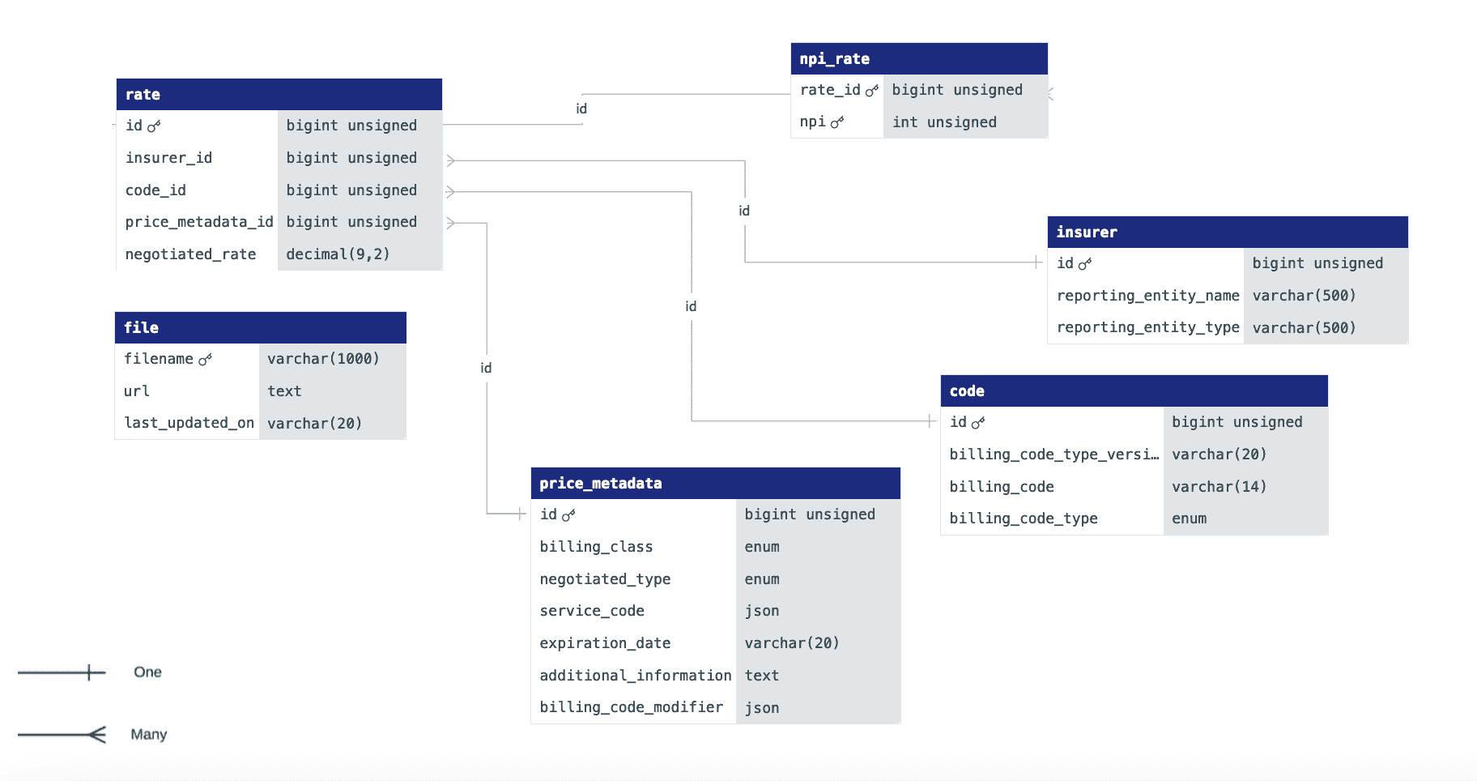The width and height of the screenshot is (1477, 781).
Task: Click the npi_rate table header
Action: click(x=919, y=58)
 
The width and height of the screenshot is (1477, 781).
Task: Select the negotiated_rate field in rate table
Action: click(x=190, y=254)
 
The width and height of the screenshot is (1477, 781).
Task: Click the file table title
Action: click(x=141, y=327)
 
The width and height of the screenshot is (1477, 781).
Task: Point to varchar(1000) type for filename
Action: click(x=323, y=358)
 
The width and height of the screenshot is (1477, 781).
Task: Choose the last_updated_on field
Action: click(x=189, y=423)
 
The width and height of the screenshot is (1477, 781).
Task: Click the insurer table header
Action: click(x=1228, y=232)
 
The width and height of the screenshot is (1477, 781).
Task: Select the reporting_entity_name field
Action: click(x=1147, y=296)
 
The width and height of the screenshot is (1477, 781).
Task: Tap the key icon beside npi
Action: click(x=837, y=122)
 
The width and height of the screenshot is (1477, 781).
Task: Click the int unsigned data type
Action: click(x=944, y=122)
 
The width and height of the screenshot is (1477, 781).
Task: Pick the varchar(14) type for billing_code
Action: click(x=1219, y=487)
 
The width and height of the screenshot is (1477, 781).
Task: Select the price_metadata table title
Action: click(x=601, y=483)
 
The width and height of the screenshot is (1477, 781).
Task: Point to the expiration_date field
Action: click(x=605, y=643)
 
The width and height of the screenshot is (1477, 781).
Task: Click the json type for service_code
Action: click(x=762, y=611)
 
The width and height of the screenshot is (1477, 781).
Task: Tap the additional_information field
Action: click(x=636, y=676)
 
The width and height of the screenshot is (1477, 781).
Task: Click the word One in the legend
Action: click(x=147, y=672)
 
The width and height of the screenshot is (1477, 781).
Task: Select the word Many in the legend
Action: click(x=149, y=734)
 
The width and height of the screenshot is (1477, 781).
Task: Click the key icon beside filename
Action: click(x=205, y=359)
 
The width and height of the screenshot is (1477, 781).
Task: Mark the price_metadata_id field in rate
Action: click(x=199, y=222)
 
